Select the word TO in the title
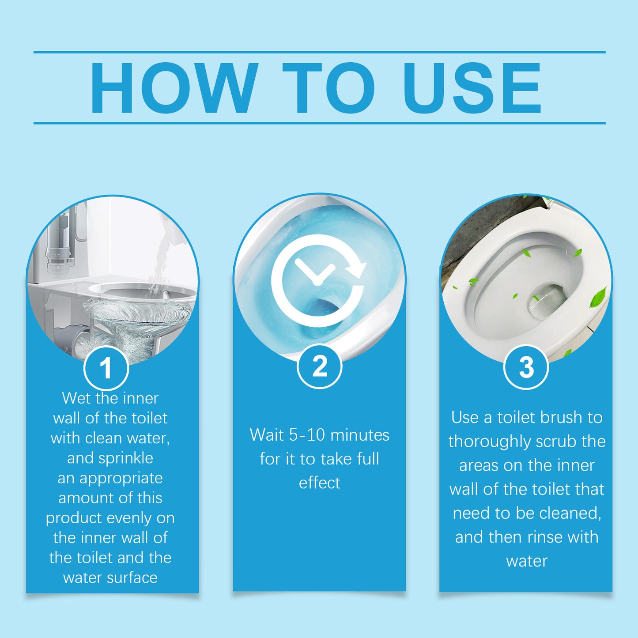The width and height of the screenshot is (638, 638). coord(328,88)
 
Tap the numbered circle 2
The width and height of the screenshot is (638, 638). coord(319,366)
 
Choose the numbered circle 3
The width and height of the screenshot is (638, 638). coord(526,367)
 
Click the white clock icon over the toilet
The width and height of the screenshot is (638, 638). coord(317,281)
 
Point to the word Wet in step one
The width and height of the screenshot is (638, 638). coord(77,398)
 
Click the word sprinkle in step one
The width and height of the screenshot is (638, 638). coord(125,458)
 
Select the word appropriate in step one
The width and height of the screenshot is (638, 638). coord(121,478)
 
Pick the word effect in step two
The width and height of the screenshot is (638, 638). coord(319,483)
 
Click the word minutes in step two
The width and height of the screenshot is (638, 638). coord(360,435)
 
